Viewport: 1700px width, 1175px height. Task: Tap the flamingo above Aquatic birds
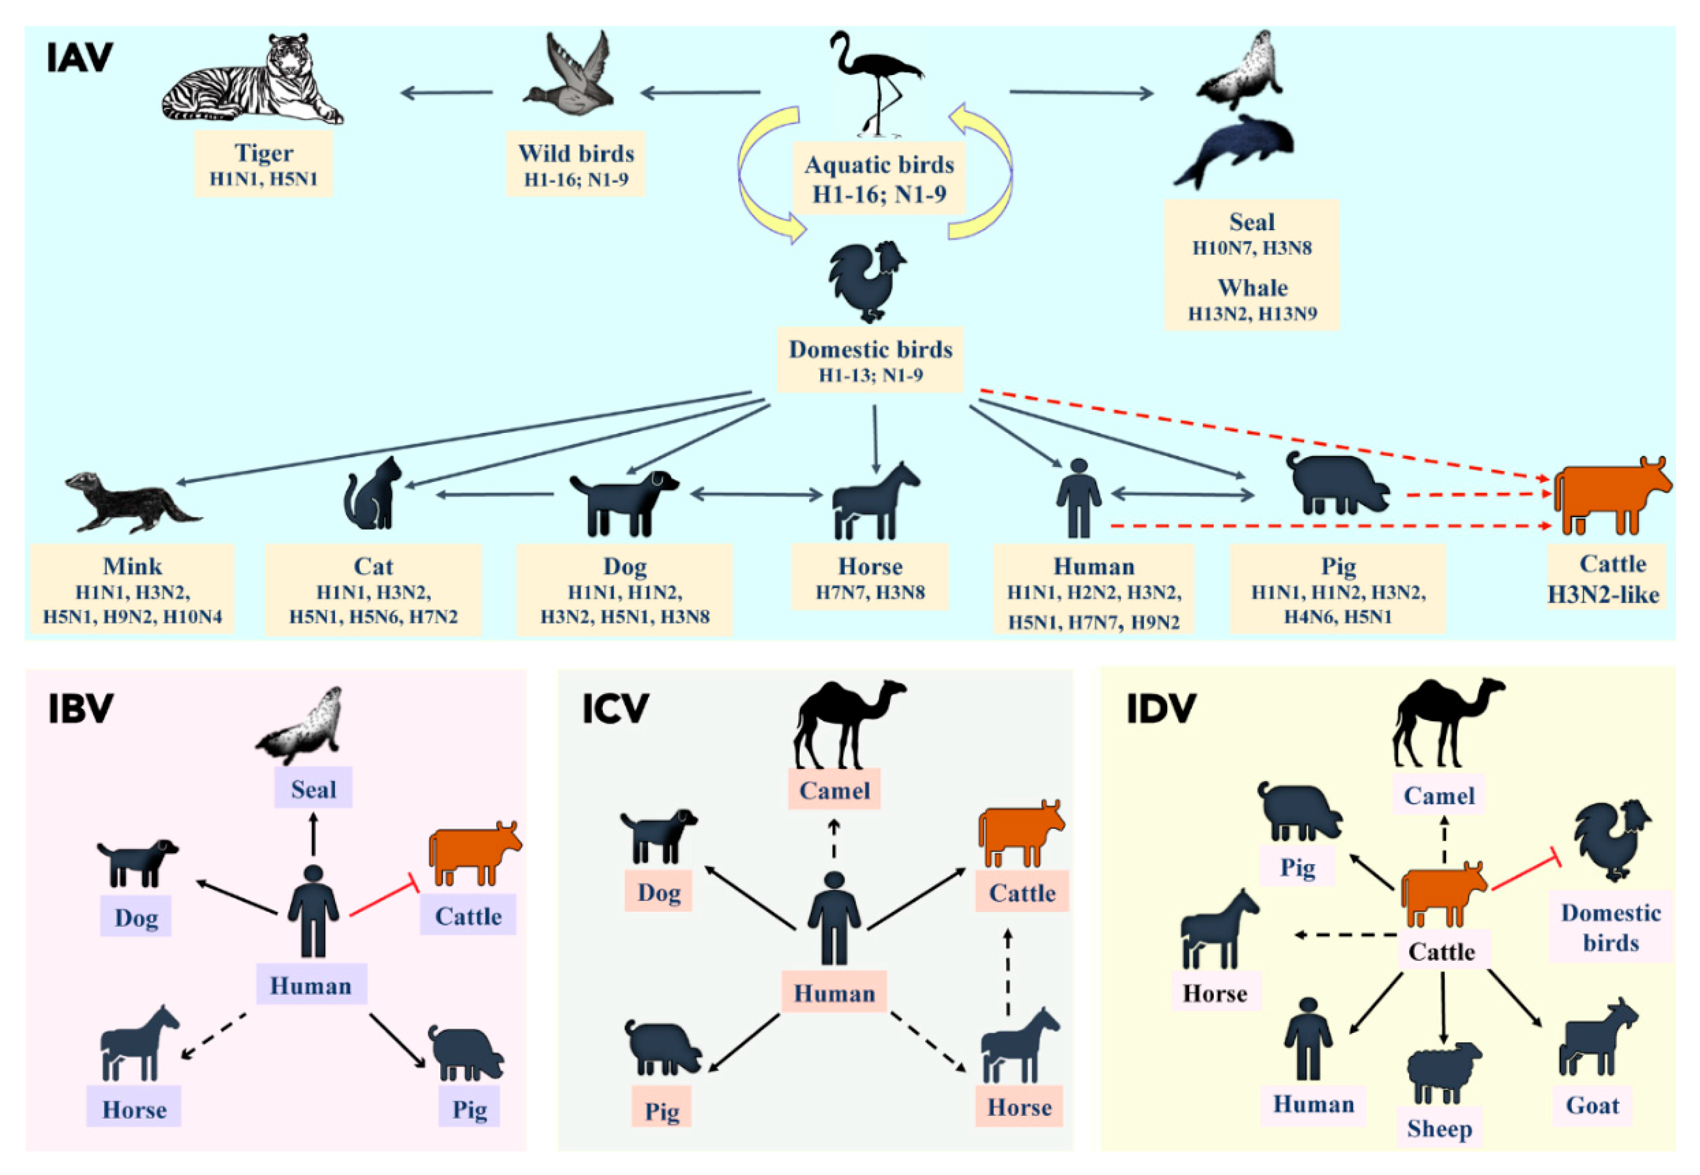(x=876, y=81)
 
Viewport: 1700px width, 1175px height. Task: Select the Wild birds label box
(x=576, y=164)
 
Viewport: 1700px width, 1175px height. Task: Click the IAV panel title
(x=80, y=58)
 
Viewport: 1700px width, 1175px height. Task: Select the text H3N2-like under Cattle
(x=1603, y=595)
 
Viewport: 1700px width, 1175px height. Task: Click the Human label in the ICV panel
(x=834, y=993)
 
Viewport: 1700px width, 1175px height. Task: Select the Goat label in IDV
(x=1592, y=1105)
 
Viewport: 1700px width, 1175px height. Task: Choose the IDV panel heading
(x=1161, y=708)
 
